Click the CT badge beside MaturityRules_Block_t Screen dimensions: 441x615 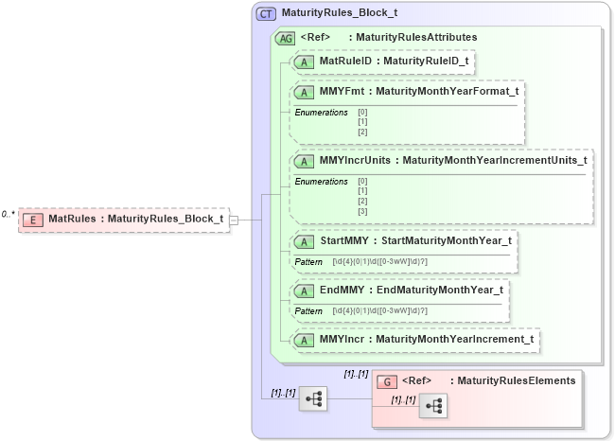click(266, 14)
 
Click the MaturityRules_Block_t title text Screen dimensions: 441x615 click(340, 14)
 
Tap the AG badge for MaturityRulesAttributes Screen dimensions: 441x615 click(285, 38)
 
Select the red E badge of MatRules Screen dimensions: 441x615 click(33, 220)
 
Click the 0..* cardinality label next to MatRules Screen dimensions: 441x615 click(9, 215)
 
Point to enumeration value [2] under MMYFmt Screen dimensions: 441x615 click(362, 132)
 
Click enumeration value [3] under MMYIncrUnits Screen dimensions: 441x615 click(362, 211)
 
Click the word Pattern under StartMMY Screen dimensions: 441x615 click(308, 261)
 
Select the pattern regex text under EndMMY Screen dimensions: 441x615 click(379, 310)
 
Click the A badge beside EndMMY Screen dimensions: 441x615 click(306, 290)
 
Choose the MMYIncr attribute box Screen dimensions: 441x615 click(415, 340)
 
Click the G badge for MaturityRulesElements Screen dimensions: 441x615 click(387, 381)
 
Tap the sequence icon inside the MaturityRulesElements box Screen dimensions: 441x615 click(432, 405)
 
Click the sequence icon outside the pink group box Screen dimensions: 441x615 click(313, 399)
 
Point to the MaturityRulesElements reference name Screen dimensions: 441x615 click(516, 381)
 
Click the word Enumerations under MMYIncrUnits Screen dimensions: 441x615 click(321, 181)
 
